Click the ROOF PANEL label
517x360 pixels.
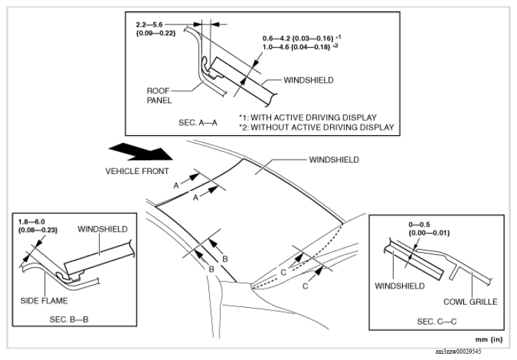(x=160, y=93)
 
